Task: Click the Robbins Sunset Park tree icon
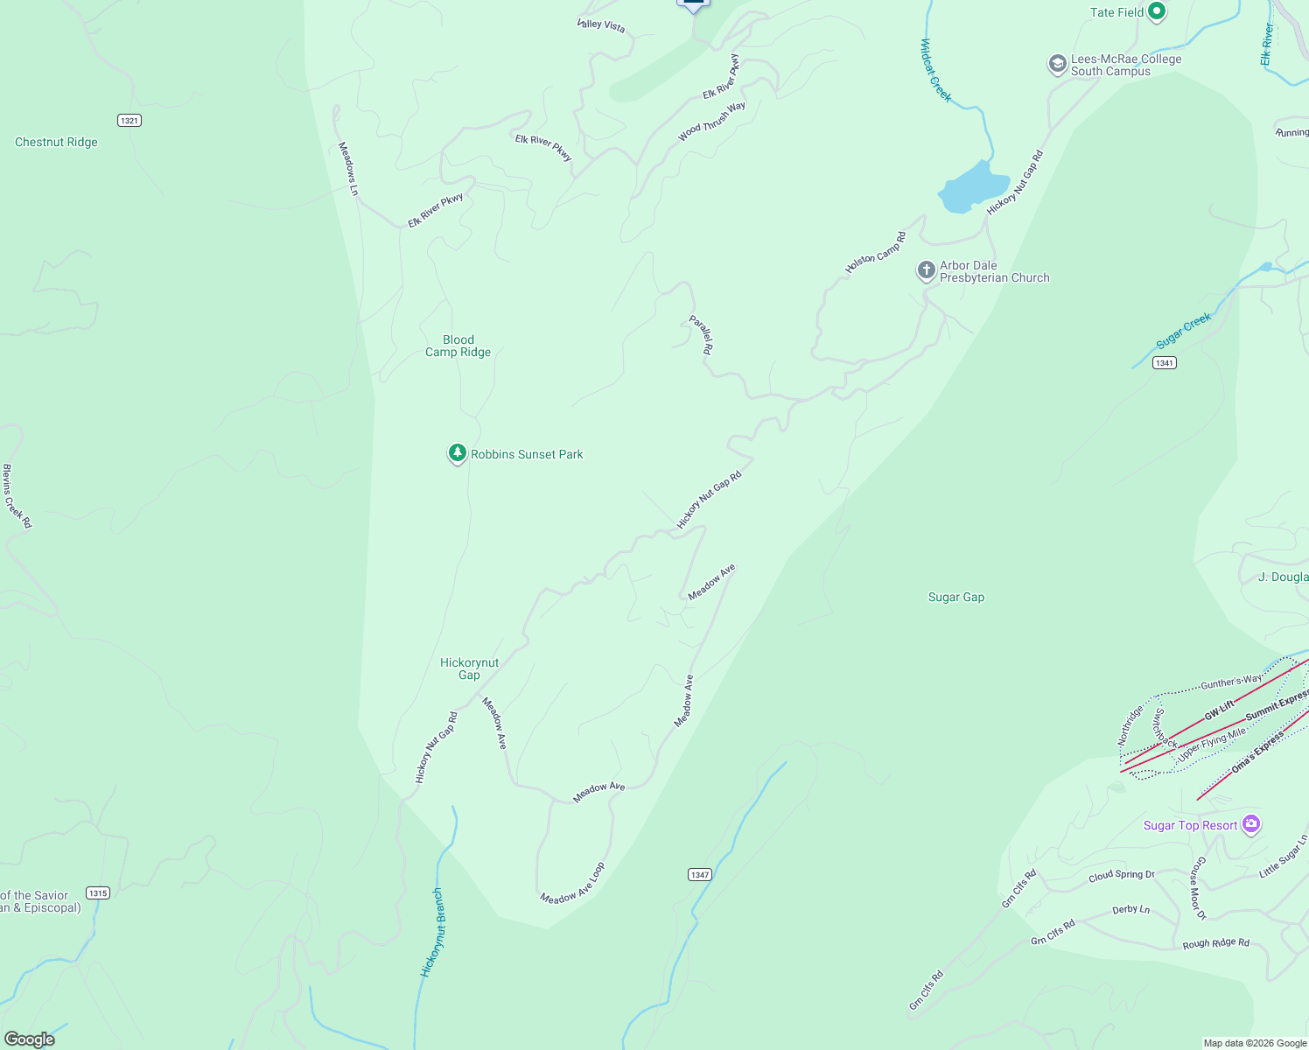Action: [x=457, y=453]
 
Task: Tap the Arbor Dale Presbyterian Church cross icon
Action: [x=926, y=270]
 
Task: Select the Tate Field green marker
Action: [x=1157, y=12]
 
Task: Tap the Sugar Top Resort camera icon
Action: [x=1251, y=824]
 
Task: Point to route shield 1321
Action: [x=129, y=120]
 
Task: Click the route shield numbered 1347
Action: [x=700, y=874]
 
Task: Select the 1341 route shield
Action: [x=1164, y=363]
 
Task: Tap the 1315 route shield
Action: [x=98, y=892]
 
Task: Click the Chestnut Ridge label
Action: [x=56, y=142]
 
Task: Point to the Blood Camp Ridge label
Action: [x=458, y=346]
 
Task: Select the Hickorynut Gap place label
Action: [x=469, y=668]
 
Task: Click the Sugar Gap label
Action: [x=955, y=597]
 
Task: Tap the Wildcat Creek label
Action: [x=935, y=70]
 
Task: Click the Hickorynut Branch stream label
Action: [x=432, y=933]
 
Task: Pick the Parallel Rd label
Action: [x=702, y=334]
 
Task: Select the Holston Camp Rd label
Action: [x=876, y=252]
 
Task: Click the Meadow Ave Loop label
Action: [x=573, y=885]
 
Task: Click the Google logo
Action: [x=30, y=1039]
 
